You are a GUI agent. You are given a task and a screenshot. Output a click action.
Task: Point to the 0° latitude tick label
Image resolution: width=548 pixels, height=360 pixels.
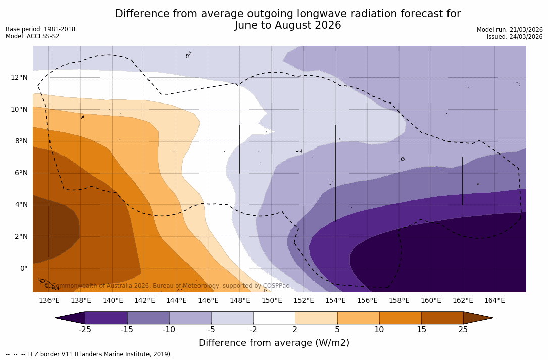click(x=23, y=268)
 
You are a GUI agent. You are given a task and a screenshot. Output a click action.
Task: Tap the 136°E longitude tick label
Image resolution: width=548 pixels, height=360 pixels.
click(x=49, y=301)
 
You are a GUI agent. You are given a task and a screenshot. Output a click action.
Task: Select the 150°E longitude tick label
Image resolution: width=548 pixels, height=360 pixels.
click(x=272, y=301)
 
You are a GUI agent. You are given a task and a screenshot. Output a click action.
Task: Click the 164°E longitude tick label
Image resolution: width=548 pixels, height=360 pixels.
click(x=494, y=301)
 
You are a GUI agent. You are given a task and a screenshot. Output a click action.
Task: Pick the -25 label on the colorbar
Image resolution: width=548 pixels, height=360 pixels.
click(x=85, y=330)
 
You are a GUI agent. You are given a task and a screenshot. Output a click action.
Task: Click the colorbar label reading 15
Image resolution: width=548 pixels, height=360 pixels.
click(x=421, y=330)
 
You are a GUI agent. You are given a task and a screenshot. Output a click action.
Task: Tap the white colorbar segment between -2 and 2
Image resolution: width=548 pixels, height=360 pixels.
click(x=274, y=318)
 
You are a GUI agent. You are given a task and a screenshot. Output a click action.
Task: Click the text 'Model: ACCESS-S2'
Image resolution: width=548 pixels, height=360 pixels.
click(x=32, y=36)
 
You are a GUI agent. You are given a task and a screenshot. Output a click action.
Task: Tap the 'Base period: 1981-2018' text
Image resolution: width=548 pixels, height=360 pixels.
click(x=40, y=29)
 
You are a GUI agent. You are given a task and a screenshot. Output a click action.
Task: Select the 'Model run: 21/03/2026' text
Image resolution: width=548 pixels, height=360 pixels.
click(x=510, y=30)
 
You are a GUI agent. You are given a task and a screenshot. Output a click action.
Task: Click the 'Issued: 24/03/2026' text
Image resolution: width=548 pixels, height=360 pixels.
click(x=515, y=37)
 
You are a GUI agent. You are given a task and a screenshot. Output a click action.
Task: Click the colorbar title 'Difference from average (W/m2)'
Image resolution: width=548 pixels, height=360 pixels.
click(x=274, y=343)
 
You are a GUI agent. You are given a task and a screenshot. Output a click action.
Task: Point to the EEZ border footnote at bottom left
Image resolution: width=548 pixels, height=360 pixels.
click(x=88, y=354)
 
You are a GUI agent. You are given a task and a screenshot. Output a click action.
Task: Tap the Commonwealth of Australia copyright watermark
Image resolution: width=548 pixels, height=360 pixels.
click(x=167, y=286)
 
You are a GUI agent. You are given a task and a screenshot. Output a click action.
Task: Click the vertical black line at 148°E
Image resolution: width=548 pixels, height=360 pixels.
click(x=240, y=149)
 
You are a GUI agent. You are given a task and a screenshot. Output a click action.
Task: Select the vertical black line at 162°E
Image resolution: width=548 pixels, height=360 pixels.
click(x=462, y=181)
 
